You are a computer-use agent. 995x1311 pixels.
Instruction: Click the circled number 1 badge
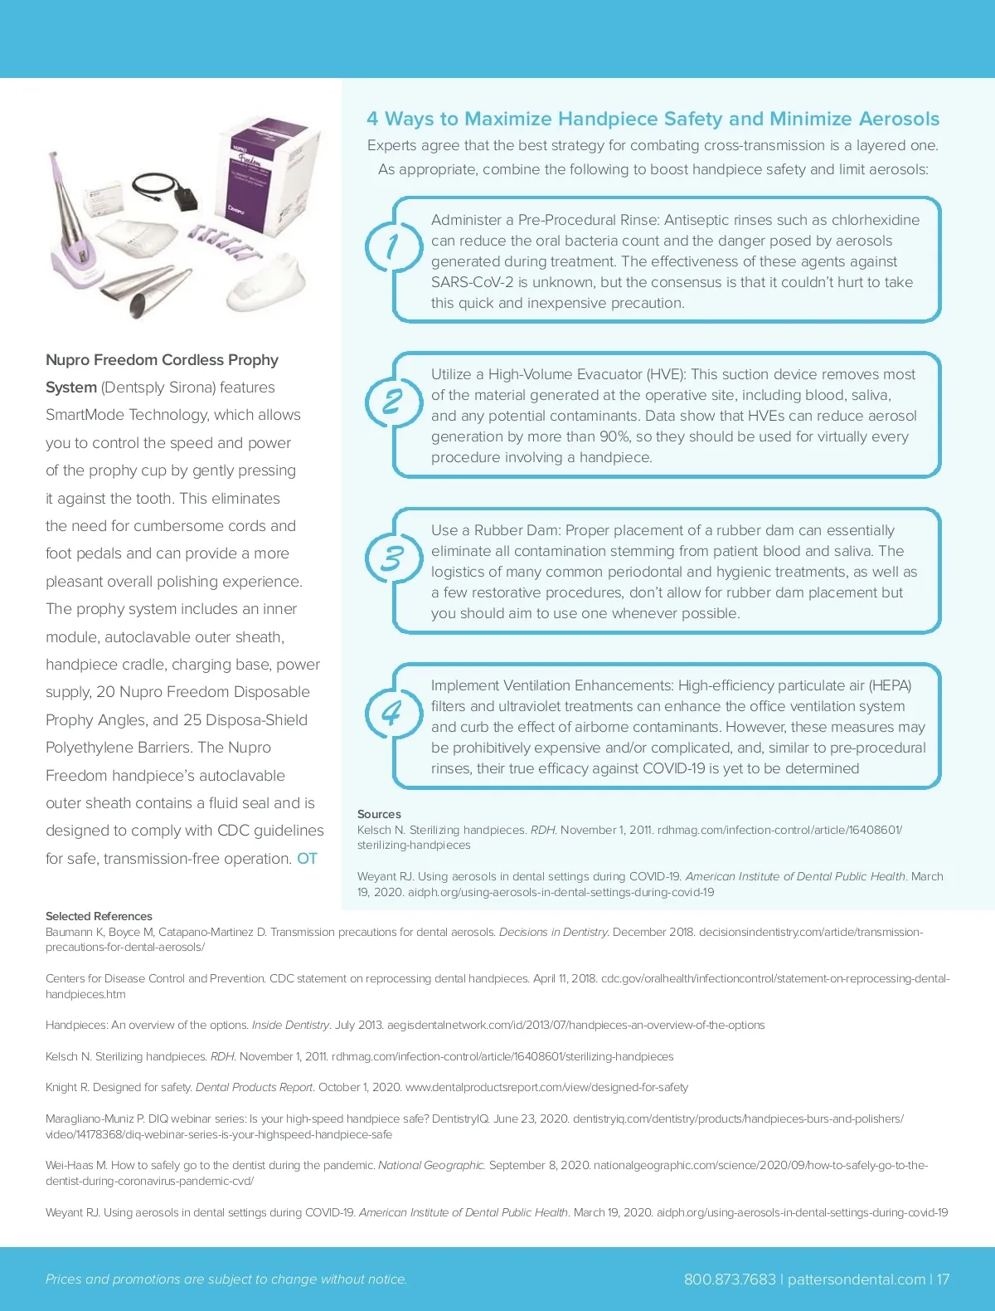tap(392, 246)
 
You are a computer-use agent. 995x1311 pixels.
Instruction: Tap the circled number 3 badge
tap(391, 558)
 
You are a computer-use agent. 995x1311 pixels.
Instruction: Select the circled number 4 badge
tap(391, 713)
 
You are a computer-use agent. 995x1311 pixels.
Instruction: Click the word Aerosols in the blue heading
tap(899, 119)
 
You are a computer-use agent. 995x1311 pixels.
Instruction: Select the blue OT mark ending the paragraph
tap(307, 859)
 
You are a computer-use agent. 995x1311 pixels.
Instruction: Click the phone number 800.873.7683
tap(730, 1279)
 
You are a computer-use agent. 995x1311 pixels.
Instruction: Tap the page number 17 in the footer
tap(943, 1279)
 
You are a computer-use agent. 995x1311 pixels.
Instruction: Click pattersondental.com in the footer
tap(856, 1279)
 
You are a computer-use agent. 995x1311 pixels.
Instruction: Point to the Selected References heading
tap(99, 916)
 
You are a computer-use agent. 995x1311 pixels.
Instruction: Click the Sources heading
tap(379, 814)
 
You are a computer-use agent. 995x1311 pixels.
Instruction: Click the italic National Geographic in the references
tap(431, 1165)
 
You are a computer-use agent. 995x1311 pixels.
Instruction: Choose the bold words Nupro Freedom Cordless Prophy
tap(162, 360)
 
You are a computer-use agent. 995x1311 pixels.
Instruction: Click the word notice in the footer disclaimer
tap(386, 1279)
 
